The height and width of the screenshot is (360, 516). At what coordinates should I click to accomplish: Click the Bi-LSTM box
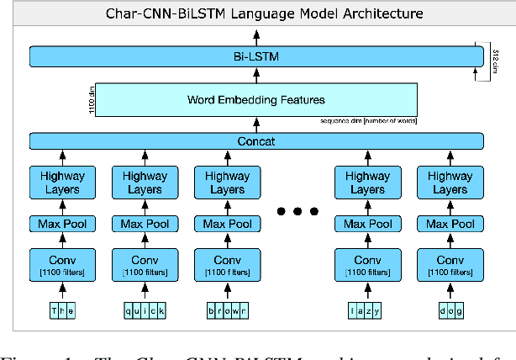click(256, 57)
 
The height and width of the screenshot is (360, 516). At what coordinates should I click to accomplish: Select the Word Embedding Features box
click(256, 100)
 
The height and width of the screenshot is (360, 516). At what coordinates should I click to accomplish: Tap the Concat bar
click(256, 141)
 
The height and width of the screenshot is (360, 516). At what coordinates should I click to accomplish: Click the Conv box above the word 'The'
click(62, 264)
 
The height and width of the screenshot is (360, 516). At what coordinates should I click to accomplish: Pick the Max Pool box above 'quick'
click(145, 224)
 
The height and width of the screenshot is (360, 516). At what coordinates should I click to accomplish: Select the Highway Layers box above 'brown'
click(227, 183)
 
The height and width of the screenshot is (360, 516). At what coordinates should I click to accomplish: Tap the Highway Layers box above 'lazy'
click(366, 183)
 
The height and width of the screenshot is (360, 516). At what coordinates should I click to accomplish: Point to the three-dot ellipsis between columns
click(297, 210)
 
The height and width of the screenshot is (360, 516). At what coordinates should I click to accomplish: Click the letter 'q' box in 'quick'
click(129, 311)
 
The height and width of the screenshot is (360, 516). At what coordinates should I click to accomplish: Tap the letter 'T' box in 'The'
click(55, 311)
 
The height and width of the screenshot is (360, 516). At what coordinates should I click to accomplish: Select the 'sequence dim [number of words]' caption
click(369, 121)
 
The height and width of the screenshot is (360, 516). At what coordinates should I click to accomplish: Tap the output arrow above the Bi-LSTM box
click(256, 36)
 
